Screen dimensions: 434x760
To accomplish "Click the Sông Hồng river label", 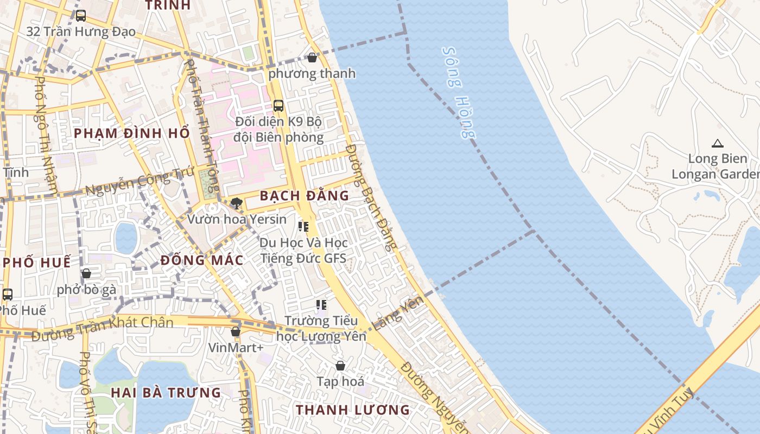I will point(459,93).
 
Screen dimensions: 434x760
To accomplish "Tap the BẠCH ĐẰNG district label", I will point(304,196).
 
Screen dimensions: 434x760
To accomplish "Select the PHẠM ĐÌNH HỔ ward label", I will point(132,133).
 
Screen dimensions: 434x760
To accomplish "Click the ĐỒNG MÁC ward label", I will point(202,260).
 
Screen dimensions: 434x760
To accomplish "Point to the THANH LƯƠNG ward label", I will point(352,410).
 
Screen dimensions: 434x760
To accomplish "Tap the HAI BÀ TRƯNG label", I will point(166,392).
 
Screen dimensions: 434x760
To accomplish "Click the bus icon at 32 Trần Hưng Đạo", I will point(81,16).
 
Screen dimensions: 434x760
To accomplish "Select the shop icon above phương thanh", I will point(312,57).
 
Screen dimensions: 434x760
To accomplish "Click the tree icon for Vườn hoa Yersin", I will point(236,203).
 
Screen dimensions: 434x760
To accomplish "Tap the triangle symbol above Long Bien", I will point(718,144).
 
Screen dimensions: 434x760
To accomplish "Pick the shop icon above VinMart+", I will point(236,331).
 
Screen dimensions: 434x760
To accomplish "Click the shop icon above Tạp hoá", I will point(340,366).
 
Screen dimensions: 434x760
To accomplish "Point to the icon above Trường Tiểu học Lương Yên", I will point(321,305).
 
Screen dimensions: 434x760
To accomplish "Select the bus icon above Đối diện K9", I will point(278,106).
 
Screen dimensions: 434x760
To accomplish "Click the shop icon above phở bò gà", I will point(86,273).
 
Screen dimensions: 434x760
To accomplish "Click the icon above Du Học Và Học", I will point(303,226).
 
